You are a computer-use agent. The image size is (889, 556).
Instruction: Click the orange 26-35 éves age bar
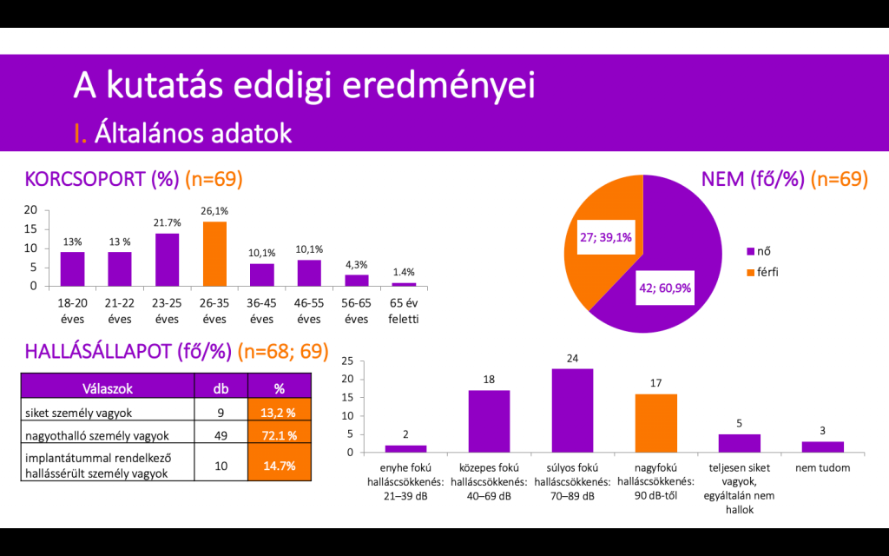tap(214, 254)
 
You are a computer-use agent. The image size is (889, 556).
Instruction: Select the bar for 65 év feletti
tap(404, 284)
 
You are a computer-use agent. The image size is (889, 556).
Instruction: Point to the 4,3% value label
tap(357, 264)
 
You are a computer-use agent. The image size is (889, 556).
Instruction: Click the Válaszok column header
tap(107, 388)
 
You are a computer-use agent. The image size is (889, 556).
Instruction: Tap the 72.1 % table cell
tap(279, 434)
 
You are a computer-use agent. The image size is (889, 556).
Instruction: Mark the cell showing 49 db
tap(221, 434)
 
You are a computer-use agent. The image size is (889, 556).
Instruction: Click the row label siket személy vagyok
tap(79, 413)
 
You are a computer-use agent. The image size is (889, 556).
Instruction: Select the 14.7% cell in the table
tap(279, 466)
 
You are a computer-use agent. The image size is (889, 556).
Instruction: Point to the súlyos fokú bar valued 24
tap(572, 410)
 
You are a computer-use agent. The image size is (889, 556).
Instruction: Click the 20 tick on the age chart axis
tap(30, 209)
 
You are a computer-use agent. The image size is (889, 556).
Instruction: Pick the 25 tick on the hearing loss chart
tap(348, 361)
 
